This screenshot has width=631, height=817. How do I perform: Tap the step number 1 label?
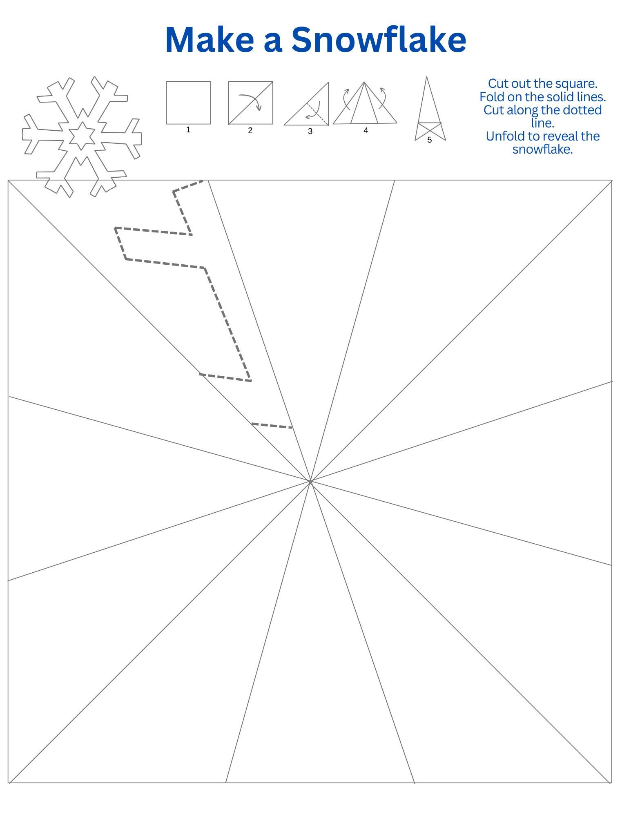click(188, 130)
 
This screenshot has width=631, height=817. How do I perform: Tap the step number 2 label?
click(250, 131)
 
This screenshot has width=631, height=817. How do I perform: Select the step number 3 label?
click(310, 132)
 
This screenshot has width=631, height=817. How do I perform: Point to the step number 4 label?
click(366, 131)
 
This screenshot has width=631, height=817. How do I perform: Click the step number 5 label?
click(429, 140)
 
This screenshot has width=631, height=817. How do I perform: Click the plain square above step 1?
click(188, 103)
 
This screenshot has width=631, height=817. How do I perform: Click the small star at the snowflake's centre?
click(82, 135)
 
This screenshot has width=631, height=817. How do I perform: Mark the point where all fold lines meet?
click(310, 482)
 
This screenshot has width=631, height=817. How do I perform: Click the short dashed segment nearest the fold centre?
click(272, 426)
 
